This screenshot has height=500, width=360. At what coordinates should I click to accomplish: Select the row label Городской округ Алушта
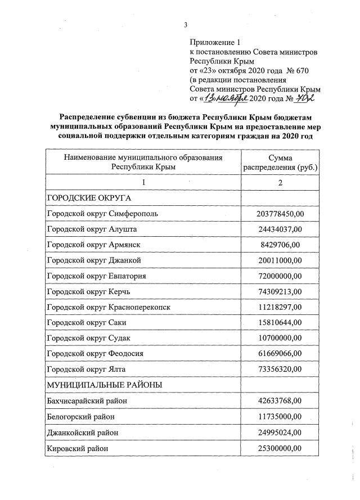coord(92,229)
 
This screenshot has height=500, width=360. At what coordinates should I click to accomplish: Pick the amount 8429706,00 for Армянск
coord(280,245)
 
